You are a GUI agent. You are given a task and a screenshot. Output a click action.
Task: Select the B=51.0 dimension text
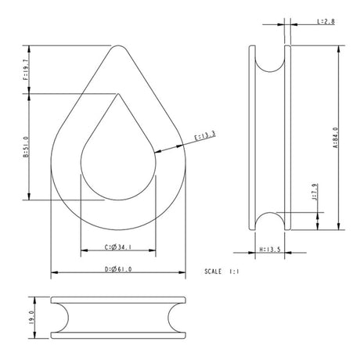pyautogui.click(x=26, y=146)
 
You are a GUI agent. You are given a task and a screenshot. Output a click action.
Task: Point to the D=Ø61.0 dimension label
pyautogui.click(x=118, y=270)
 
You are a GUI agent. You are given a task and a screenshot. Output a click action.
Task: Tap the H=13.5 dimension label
pyautogui.click(x=269, y=250)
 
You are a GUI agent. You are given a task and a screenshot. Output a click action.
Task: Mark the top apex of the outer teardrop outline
pyautogui.click(x=118, y=46)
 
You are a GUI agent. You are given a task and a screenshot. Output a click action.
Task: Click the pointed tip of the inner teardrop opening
pyautogui.click(x=118, y=95)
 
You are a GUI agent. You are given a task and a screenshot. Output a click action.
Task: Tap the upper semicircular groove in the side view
pyautogui.click(x=269, y=61)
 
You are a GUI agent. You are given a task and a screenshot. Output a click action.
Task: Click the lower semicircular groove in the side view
pyautogui.click(x=269, y=221)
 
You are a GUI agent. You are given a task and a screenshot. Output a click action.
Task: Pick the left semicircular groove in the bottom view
pyautogui.click(x=59, y=318)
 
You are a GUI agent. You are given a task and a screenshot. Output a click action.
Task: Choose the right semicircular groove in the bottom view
pyautogui.click(x=178, y=318)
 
